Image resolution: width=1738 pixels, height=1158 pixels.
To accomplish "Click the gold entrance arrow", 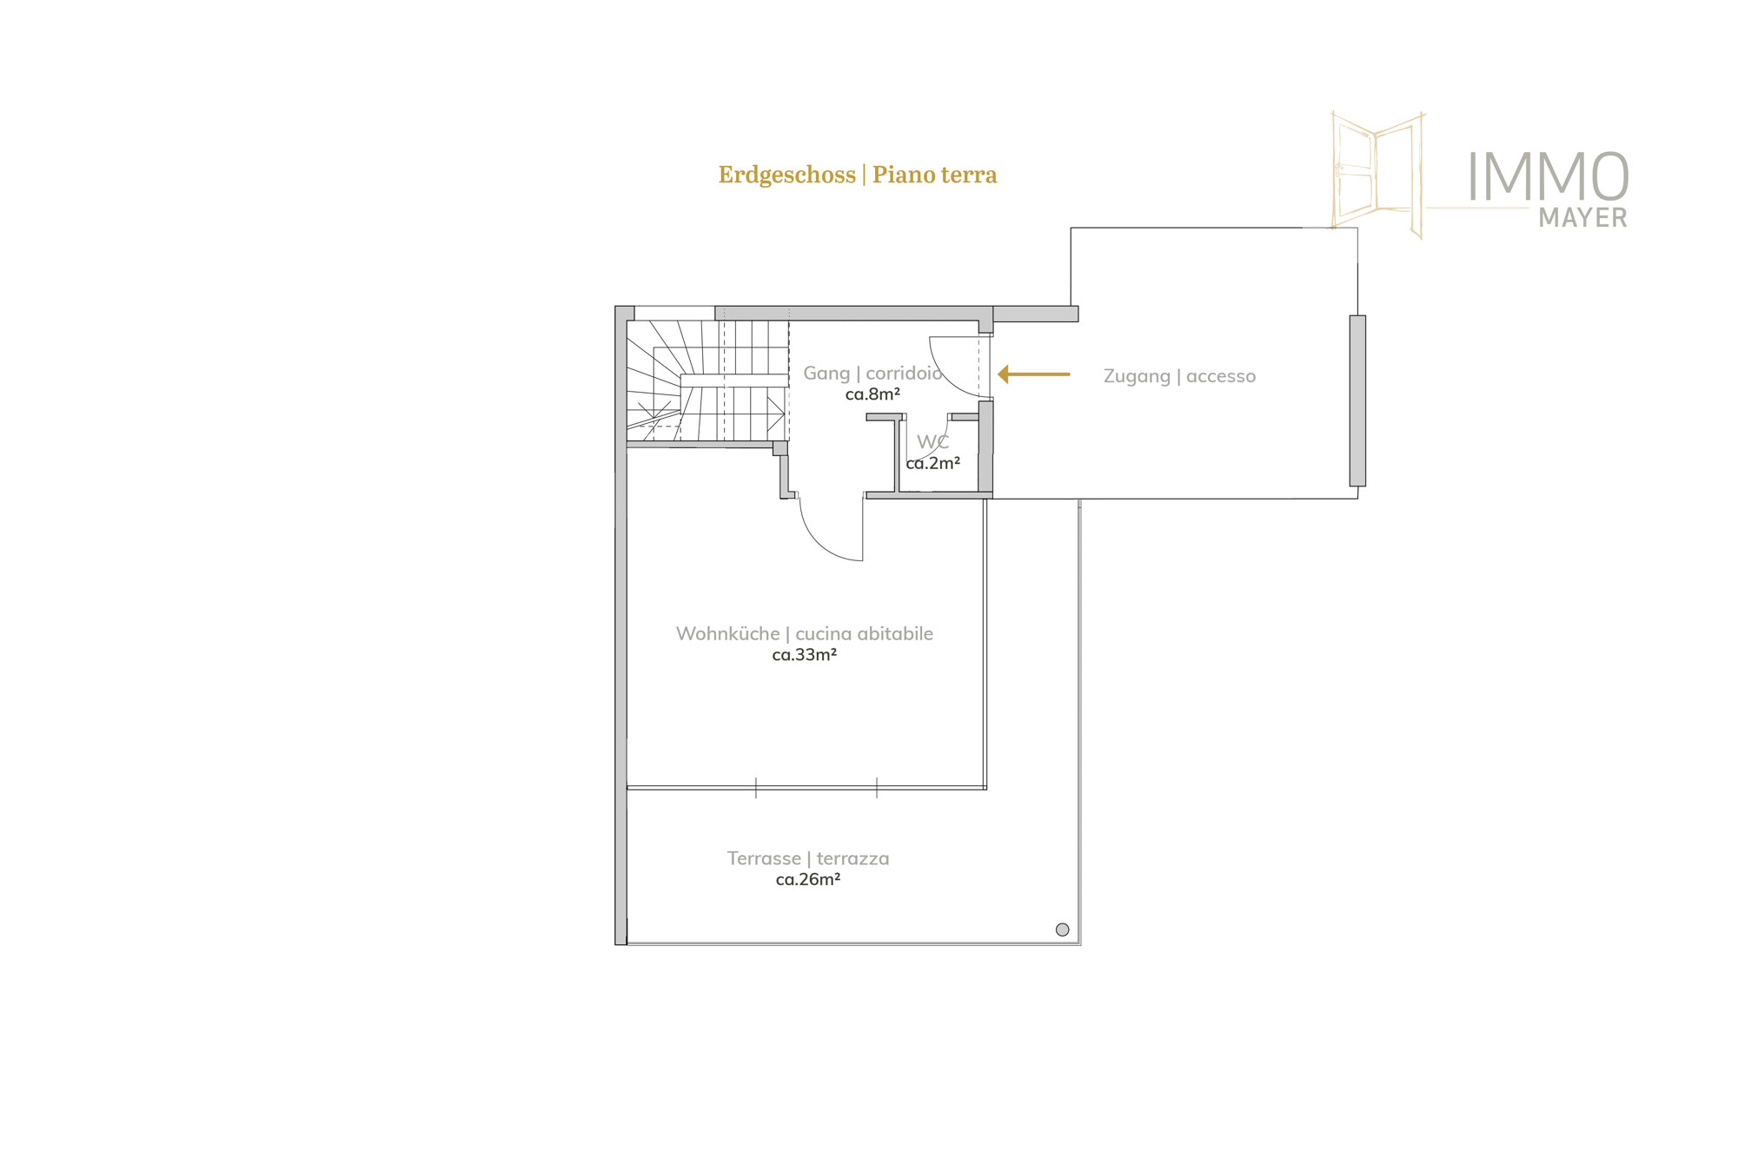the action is [x=1033, y=374].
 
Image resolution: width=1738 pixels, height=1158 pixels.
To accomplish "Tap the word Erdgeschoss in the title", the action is [x=786, y=175].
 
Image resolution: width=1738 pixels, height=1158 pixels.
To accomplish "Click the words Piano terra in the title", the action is [x=935, y=175].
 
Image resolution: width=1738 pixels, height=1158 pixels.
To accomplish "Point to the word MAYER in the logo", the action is [x=1582, y=217].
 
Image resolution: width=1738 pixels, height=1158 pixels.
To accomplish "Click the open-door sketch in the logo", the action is [x=1377, y=175].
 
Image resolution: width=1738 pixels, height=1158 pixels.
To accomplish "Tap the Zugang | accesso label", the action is [x=1179, y=376].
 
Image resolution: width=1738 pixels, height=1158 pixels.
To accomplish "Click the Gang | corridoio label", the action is [x=872, y=373].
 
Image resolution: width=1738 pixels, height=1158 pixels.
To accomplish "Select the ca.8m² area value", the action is [x=872, y=394].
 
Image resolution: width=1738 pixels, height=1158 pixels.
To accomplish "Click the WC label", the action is [x=932, y=442].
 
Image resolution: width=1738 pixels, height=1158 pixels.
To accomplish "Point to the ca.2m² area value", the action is [x=932, y=464].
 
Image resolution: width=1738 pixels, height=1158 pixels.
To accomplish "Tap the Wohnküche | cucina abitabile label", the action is [x=805, y=633].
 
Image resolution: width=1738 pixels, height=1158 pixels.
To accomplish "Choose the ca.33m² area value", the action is [x=805, y=655].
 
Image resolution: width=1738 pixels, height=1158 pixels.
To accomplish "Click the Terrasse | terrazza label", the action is [x=808, y=858].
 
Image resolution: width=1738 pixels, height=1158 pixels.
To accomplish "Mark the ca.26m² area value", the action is [x=808, y=880].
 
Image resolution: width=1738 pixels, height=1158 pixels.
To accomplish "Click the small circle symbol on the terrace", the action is [x=1062, y=930].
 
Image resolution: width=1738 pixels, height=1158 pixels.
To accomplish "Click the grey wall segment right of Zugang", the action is [x=1357, y=400].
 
